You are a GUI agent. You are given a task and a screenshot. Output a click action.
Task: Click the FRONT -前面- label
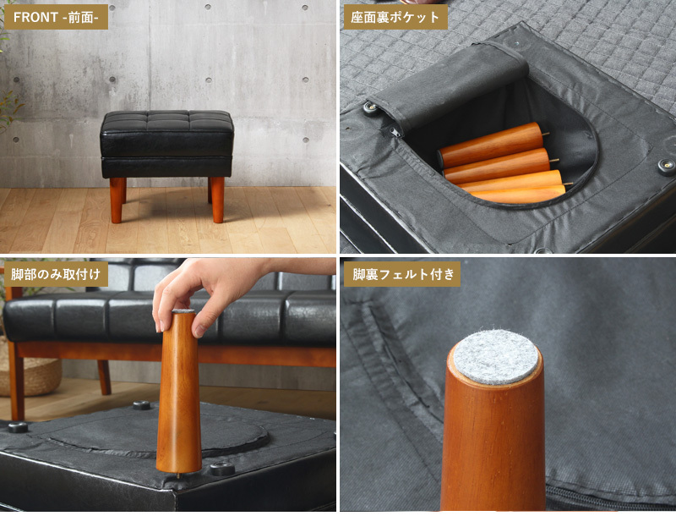click(56, 17)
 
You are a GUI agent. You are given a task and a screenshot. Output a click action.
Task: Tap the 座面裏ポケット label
click(395, 17)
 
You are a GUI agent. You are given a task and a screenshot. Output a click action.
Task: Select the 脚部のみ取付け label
click(56, 274)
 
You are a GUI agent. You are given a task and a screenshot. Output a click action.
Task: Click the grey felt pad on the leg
click(496, 357)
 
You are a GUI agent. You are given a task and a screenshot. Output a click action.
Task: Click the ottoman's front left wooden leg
click(117, 200)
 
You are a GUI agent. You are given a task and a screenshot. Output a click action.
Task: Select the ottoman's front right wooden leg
click(218, 200)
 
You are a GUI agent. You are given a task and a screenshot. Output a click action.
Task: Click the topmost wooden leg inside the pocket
click(491, 145)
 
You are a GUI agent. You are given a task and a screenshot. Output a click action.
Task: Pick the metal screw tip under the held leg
click(179, 475)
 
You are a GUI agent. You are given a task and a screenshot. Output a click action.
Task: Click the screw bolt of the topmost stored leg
click(546, 134)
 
